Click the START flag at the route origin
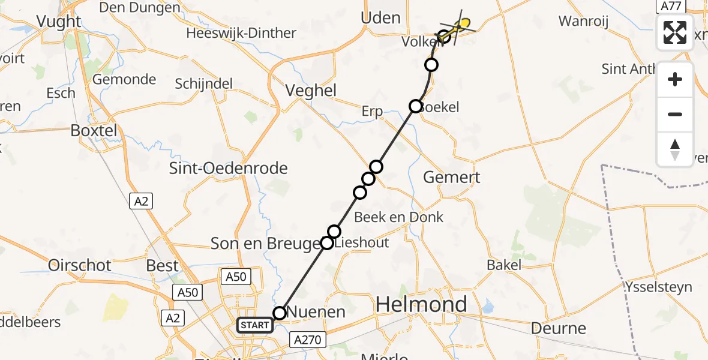[x=255, y=325]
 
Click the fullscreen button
[x=675, y=32]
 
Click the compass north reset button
[x=675, y=149]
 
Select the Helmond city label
[x=421, y=305]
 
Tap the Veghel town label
[x=310, y=91]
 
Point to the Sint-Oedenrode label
[x=229, y=168]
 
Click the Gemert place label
[x=452, y=178]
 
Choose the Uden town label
[x=380, y=18]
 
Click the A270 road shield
[x=308, y=340]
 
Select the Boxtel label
[x=94, y=130]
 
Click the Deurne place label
[x=558, y=328]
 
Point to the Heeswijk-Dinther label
[x=241, y=33]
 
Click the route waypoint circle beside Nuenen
[x=280, y=313]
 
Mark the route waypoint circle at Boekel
[x=416, y=106]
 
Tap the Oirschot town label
[x=80, y=265]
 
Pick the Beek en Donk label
[x=398, y=217]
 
